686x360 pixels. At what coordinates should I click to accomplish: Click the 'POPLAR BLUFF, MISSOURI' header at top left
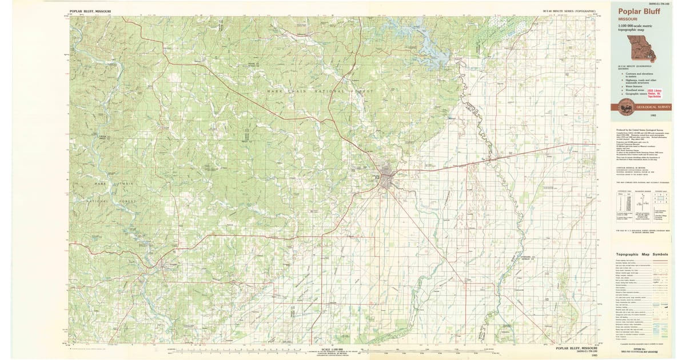[x=90, y=11]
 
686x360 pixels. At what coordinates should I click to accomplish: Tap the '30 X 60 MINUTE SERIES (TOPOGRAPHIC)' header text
[x=570, y=11]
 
